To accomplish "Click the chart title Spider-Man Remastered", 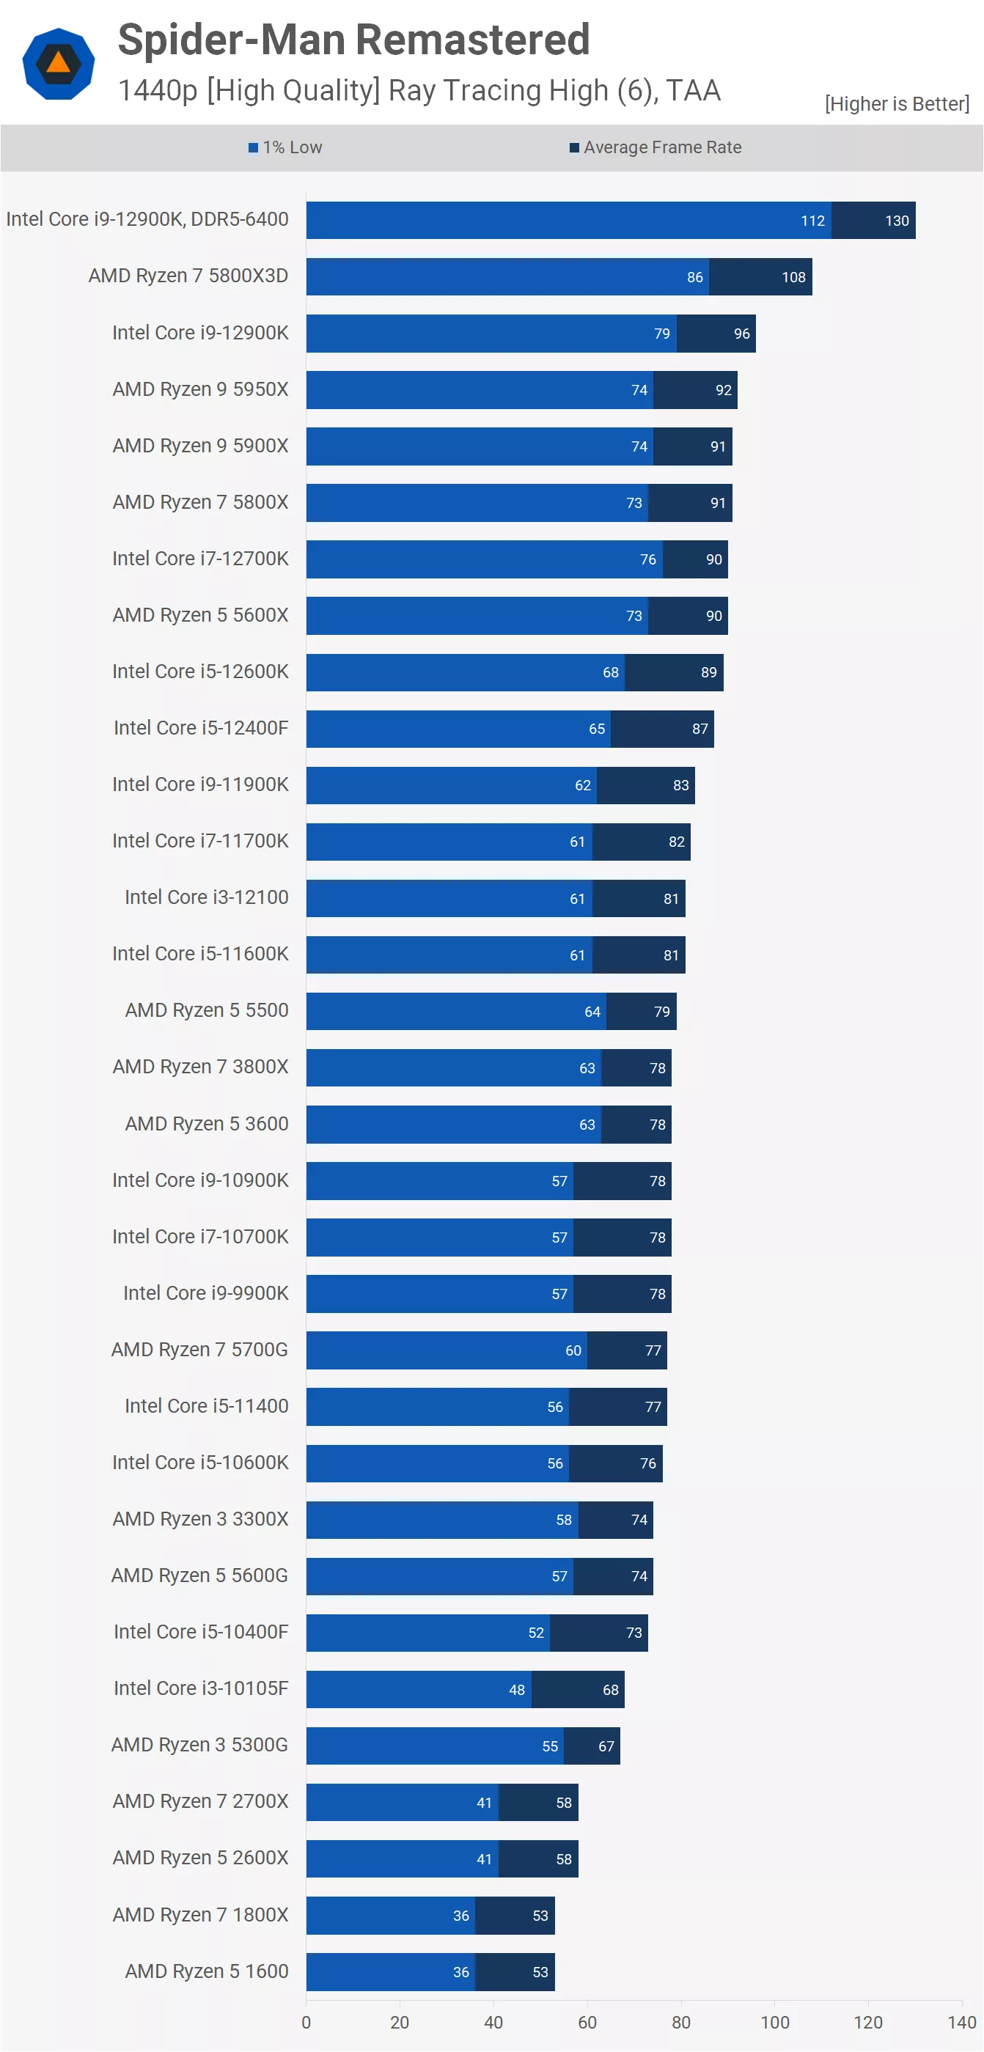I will [x=353, y=40].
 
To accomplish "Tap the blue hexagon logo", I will [x=58, y=64].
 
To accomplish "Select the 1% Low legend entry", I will [x=285, y=147].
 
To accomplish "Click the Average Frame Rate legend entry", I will [x=656, y=147].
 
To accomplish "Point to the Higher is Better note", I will [x=896, y=103].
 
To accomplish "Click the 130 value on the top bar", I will [x=896, y=221].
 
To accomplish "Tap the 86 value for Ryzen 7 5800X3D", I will [x=695, y=277].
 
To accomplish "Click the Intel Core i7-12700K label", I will [x=200, y=559].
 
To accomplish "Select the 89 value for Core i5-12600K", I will [x=708, y=672].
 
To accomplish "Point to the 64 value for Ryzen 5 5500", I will [x=592, y=1012].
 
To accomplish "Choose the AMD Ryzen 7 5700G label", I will [x=199, y=1350].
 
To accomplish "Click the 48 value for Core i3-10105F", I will [x=516, y=1690].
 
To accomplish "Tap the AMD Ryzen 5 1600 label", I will [x=206, y=1971].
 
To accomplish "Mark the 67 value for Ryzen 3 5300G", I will [x=606, y=1746].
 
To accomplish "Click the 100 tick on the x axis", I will [x=774, y=2023].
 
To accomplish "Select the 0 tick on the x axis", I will [x=306, y=2023].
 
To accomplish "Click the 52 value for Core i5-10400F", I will [x=535, y=1633].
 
